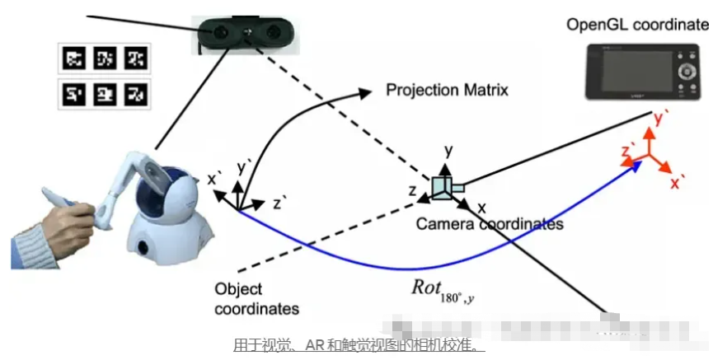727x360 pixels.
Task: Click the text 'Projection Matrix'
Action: tap(447, 89)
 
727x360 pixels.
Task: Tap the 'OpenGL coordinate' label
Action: tap(637, 24)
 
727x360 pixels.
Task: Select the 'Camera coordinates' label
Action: tap(489, 224)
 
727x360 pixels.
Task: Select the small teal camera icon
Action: tap(447, 189)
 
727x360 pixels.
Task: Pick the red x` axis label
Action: tap(678, 183)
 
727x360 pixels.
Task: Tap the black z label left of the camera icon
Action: tap(412, 190)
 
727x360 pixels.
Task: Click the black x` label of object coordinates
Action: tap(213, 178)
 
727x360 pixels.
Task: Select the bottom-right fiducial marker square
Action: tap(135, 95)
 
